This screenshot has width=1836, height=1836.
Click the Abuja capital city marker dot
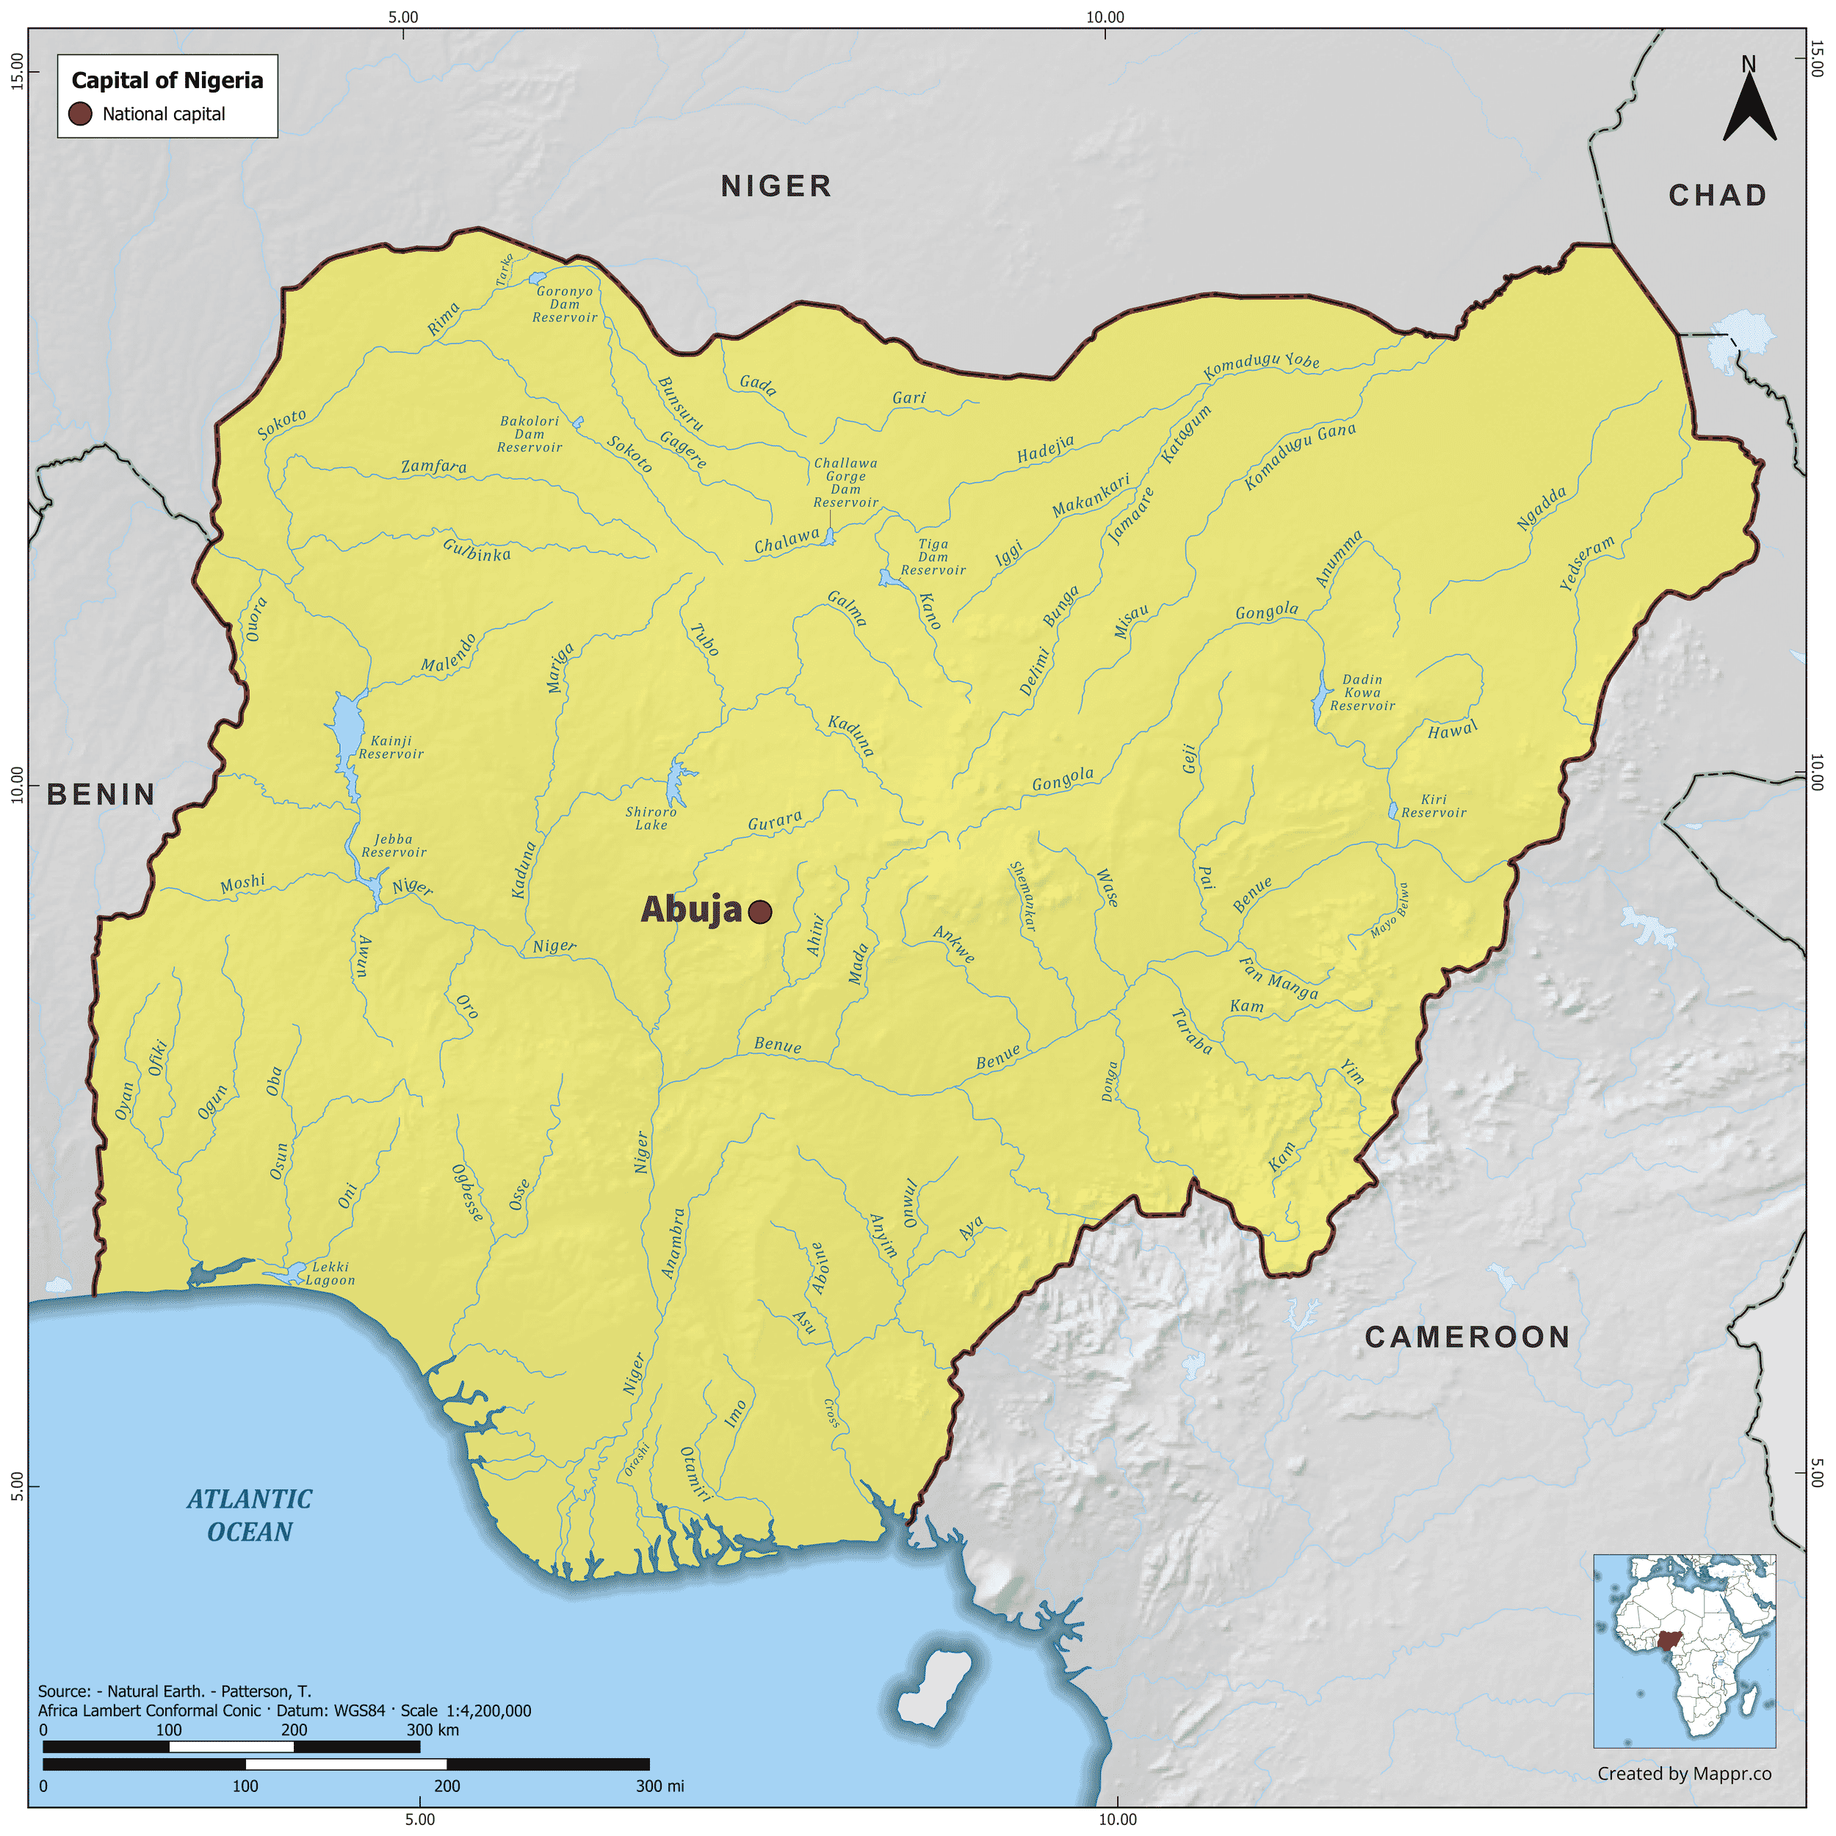(759, 912)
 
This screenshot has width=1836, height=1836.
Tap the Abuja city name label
(691, 909)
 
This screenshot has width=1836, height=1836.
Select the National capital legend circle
(81, 114)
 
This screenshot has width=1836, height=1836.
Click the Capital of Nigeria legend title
(167, 80)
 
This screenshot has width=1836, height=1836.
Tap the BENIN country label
(101, 795)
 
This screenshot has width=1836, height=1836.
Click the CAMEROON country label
(1467, 1337)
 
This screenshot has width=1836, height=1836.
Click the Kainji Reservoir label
(391, 747)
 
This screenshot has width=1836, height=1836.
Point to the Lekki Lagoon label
(330, 1273)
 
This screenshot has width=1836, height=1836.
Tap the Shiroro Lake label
(651, 818)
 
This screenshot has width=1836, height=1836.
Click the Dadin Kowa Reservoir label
(1362, 693)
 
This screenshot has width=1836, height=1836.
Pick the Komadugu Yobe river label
(1261, 366)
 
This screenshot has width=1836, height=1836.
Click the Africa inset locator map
(1683, 1651)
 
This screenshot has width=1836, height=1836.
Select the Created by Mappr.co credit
(1684, 1774)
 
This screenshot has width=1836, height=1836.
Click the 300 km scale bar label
(433, 1730)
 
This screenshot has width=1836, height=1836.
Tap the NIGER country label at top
(776, 187)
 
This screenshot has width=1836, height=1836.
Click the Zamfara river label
(433, 466)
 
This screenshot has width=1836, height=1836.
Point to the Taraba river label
(1192, 1032)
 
